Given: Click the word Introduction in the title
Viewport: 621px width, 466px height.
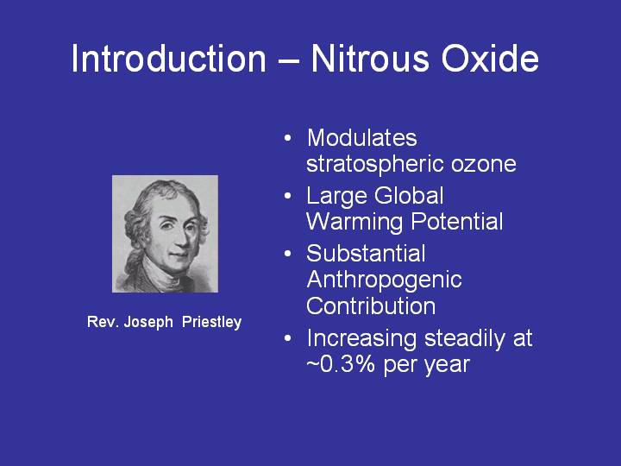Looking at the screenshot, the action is (169, 59).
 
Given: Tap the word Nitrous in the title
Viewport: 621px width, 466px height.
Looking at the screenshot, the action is (370, 59).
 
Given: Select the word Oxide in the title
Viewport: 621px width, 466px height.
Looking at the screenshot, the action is (490, 59).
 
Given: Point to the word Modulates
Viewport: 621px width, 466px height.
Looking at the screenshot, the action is (362, 138).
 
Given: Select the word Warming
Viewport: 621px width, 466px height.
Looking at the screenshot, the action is (354, 223).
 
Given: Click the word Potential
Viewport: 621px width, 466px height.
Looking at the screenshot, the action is (457, 221).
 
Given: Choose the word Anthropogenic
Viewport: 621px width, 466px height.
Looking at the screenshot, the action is (384, 280).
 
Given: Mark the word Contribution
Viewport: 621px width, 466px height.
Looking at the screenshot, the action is (371, 305).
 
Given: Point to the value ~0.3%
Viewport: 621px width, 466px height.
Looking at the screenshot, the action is (341, 364).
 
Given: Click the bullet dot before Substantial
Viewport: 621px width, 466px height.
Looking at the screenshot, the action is (288, 254).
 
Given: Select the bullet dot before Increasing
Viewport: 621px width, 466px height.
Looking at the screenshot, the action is (288, 338).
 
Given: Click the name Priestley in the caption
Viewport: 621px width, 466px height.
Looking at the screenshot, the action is (212, 322).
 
